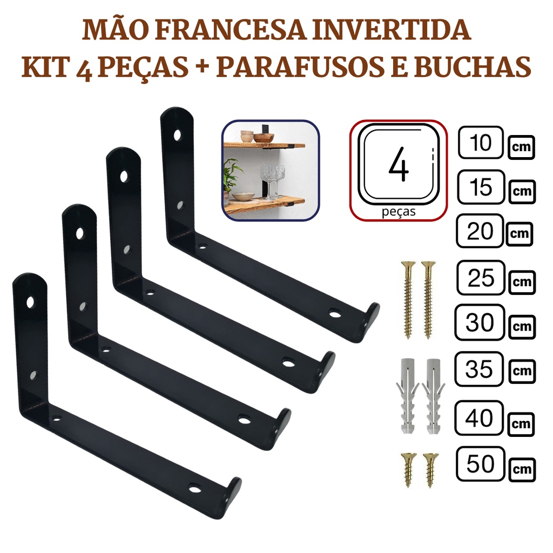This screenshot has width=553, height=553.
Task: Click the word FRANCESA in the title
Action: [x=231, y=30]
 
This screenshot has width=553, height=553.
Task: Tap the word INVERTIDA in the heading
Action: [x=392, y=30]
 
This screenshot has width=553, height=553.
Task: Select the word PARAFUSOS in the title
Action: [x=300, y=66]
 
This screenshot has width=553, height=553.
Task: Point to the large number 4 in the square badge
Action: [x=399, y=164]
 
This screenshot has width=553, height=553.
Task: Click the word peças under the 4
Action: [x=399, y=212]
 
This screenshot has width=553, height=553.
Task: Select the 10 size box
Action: [x=481, y=143]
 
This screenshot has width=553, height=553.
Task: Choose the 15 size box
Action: [x=481, y=187]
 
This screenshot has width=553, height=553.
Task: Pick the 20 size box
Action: [x=480, y=231]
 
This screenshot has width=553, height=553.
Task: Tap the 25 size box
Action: [x=481, y=278]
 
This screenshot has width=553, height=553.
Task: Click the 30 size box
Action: [x=480, y=322]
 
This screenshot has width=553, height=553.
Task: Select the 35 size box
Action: [x=479, y=369]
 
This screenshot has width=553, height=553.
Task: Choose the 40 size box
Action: [x=479, y=418]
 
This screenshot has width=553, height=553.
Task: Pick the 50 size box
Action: [x=480, y=464]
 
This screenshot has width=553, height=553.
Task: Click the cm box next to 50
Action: [x=522, y=470]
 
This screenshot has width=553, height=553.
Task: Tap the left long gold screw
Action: [x=408, y=300]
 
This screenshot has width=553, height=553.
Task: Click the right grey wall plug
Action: [x=433, y=396]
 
